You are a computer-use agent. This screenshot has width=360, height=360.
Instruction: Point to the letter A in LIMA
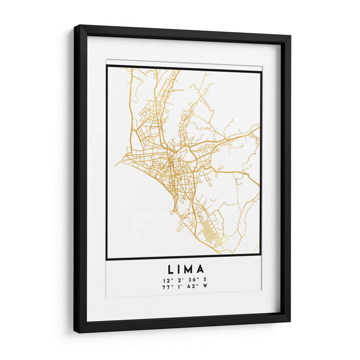click(201, 270)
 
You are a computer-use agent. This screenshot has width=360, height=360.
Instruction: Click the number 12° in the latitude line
click(167, 281)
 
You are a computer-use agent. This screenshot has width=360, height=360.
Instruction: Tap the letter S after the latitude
click(204, 281)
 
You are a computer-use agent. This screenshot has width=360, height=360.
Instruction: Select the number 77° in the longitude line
click(167, 287)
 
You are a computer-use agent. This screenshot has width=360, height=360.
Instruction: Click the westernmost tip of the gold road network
click(115, 164)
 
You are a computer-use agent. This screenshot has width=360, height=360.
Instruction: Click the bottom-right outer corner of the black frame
click(291, 322)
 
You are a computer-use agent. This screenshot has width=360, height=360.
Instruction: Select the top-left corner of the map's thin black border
click(107, 66)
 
